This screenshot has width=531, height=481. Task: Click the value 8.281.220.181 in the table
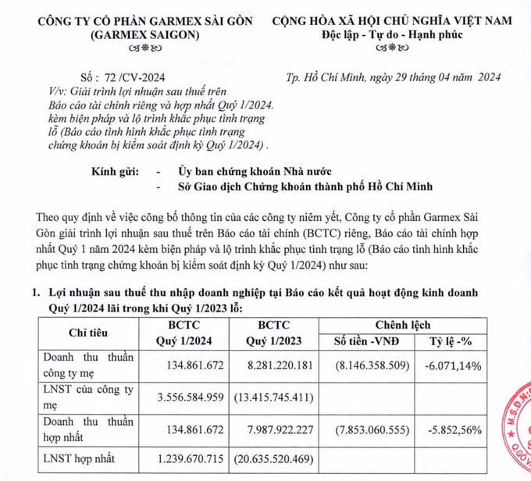(x=267, y=364)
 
